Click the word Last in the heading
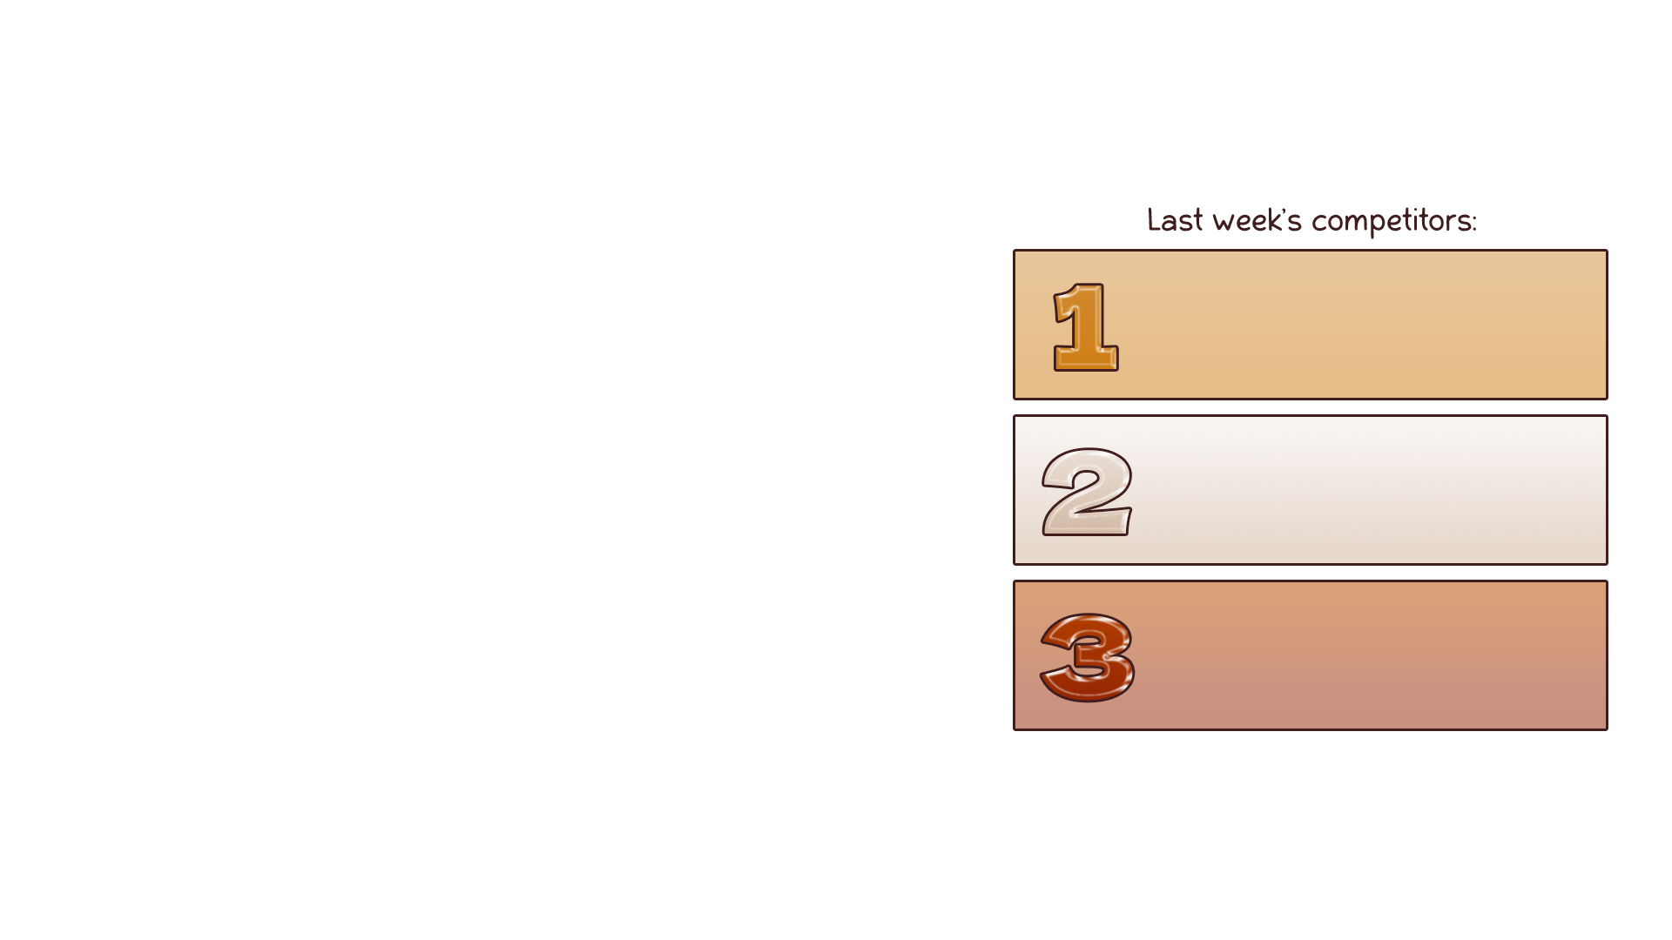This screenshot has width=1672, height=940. [x=1175, y=220]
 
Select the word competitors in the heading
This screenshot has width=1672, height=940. [x=1391, y=221]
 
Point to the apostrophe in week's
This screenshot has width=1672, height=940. [x=1284, y=211]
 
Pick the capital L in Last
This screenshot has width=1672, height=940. [x=1152, y=220]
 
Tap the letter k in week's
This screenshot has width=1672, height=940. [x=1273, y=220]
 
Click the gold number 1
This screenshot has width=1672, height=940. [x=1086, y=327]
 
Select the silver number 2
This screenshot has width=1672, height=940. [x=1087, y=492]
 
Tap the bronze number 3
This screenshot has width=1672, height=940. [x=1088, y=657]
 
